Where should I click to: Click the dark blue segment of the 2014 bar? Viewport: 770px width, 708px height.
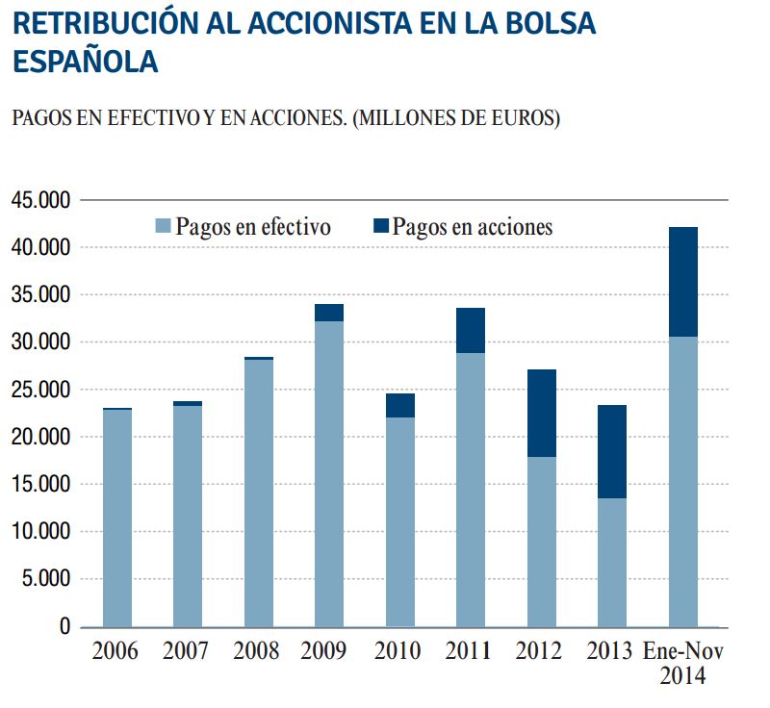coord(682,281)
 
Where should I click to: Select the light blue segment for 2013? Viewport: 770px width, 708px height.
coord(612,562)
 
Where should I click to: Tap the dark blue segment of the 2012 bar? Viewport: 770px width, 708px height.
coord(541,413)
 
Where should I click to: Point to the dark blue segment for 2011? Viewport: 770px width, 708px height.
coord(470,330)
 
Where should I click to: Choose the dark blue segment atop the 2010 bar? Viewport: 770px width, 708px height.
coord(399,405)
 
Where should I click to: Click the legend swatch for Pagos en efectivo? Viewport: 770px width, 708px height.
coord(163,227)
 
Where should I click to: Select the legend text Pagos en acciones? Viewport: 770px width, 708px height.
coord(473,227)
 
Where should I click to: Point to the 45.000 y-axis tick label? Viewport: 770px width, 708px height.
coord(40,200)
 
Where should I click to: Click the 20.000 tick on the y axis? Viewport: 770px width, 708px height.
coord(40,437)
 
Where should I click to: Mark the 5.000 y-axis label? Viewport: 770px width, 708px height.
coord(45,579)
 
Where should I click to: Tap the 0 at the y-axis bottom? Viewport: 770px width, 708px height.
coord(65,627)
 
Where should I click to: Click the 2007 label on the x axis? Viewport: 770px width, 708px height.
coord(186,651)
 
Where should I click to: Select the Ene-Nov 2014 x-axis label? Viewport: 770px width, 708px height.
coord(683,663)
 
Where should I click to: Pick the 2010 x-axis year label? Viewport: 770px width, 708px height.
coord(398,651)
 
